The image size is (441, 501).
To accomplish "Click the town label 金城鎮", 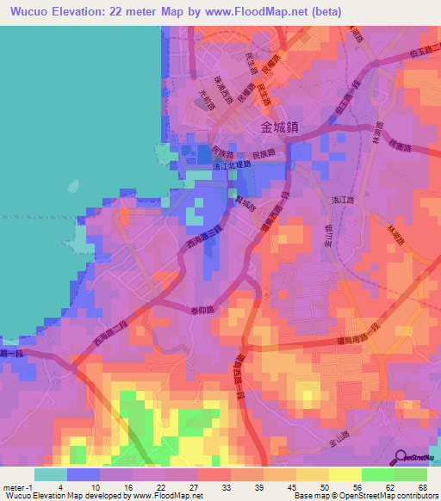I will pyautogui.click(x=279, y=127).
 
